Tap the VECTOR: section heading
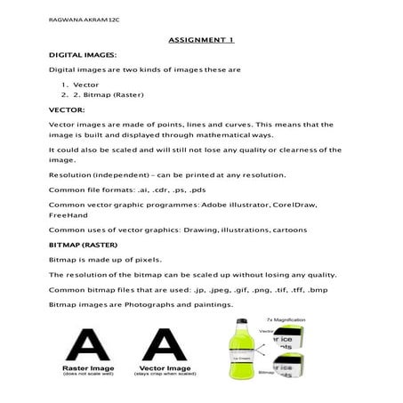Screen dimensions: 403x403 tap(67, 109)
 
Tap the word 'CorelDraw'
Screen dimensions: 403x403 tap(289, 205)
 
